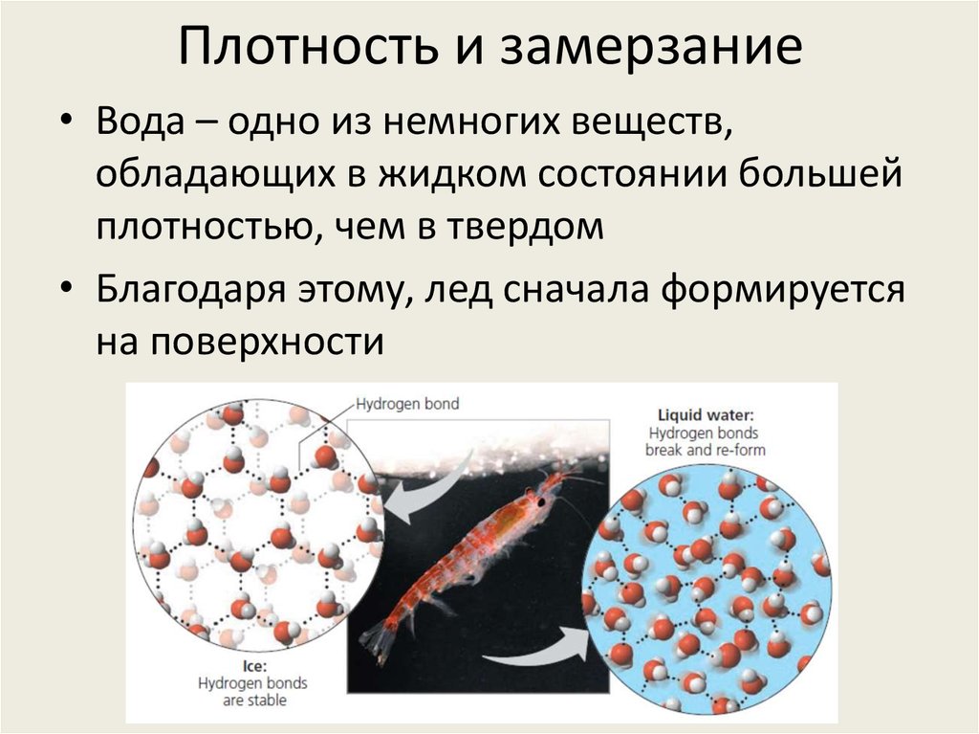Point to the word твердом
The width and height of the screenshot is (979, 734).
(532, 230)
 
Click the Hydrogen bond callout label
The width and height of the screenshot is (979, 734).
(407, 404)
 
